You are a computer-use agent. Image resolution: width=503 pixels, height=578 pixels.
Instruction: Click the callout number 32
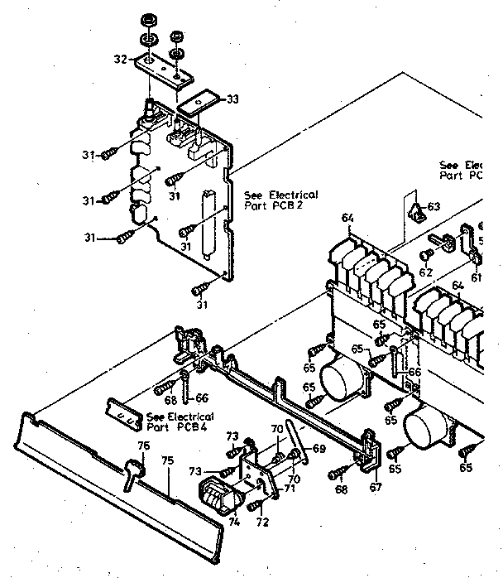(x=119, y=59)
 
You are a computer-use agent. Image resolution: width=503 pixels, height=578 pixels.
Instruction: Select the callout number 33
(x=232, y=99)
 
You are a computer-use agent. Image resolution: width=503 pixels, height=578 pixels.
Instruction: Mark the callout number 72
(x=263, y=523)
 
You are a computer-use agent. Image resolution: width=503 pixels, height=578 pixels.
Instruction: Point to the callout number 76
(x=143, y=446)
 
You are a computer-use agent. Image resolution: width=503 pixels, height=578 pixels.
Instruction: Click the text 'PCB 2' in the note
(x=288, y=204)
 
